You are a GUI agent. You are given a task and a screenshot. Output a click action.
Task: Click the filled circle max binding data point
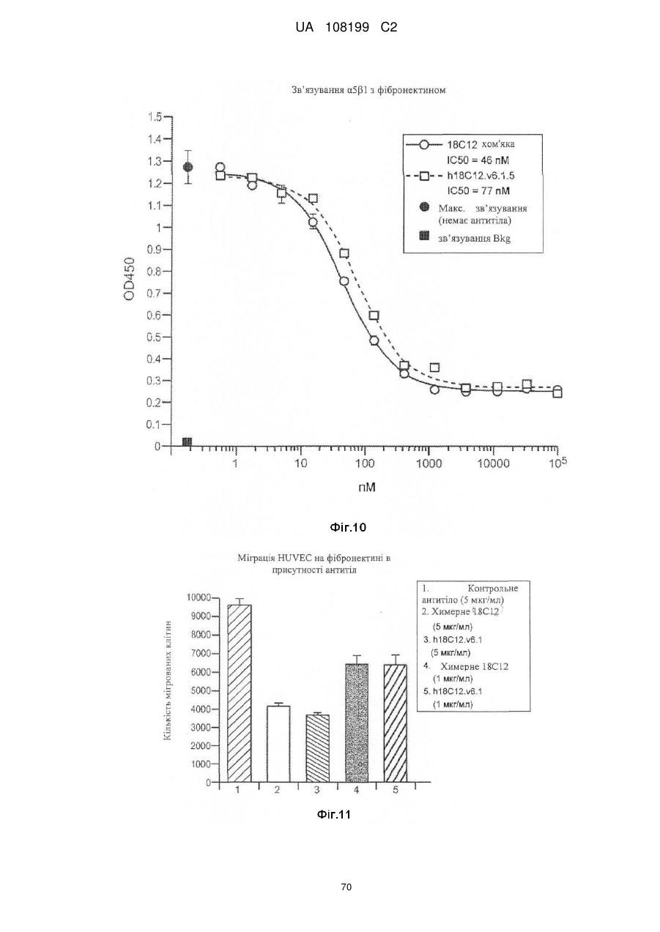tap(188, 167)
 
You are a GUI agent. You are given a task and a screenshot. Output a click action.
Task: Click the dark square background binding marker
tap(188, 441)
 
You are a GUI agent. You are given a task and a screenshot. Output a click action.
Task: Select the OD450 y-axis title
tap(129, 279)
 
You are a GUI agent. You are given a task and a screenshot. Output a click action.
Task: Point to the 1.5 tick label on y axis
tap(155, 117)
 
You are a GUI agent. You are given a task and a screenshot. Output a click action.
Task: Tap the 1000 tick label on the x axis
tap(429, 463)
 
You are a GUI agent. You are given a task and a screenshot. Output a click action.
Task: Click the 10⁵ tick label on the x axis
tap(558, 462)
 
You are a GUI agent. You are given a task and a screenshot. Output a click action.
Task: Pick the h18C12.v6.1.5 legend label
tap(481, 176)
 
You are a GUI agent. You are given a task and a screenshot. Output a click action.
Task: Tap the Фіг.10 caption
tap(348, 528)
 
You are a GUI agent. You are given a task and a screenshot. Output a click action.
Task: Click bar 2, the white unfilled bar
tap(278, 745)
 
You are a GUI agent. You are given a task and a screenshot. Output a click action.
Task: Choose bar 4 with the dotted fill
tap(357, 723)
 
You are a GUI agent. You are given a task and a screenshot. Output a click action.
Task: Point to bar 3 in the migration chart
tap(318, 749)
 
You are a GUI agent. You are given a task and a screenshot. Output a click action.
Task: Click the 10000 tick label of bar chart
tap(199, 598)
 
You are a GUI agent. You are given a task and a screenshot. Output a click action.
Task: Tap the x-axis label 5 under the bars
tap(396, 789)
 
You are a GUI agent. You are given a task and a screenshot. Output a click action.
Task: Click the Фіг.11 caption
tap(334, 814)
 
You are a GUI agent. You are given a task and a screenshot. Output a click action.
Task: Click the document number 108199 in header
tap(347, 28)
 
